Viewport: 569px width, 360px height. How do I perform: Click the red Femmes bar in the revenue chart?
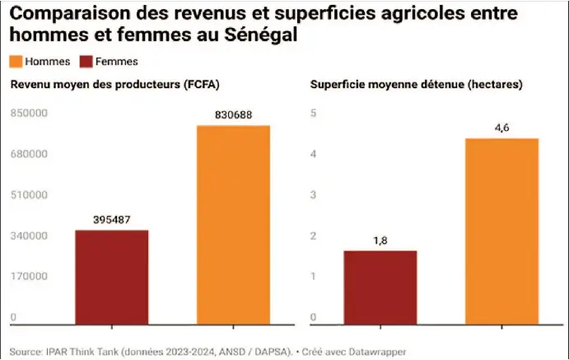112,278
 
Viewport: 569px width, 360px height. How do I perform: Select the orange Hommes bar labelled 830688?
233,225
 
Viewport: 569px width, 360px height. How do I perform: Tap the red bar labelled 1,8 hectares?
380,288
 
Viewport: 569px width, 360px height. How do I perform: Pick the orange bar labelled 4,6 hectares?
501,231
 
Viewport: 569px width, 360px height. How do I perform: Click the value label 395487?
112,220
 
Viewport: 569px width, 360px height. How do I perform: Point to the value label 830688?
233,115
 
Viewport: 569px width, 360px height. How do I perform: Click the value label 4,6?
501,128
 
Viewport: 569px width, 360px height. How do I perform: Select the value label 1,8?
380,241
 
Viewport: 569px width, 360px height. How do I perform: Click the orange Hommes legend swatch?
16,62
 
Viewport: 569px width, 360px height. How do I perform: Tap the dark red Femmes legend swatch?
86,62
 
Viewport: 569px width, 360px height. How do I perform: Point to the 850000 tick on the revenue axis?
29,113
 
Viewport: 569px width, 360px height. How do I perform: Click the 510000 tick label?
29,195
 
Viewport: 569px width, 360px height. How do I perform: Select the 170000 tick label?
29,276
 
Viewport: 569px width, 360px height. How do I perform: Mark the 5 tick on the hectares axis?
314,113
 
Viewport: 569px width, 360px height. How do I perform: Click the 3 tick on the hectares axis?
314,195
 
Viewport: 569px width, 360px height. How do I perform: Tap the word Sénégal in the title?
261,34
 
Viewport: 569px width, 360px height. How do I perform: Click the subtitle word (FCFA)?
202,85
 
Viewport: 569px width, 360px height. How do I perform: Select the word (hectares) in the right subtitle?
495,85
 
